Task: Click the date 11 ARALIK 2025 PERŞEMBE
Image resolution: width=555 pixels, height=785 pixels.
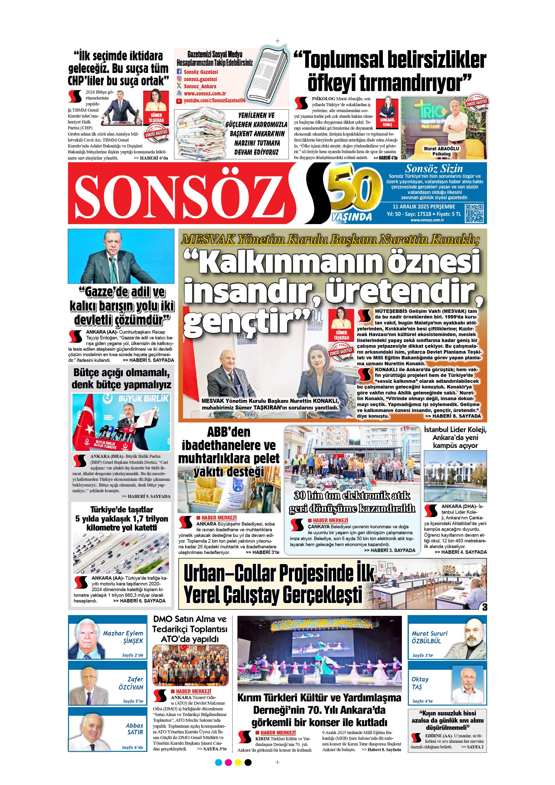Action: [x=424, y=207]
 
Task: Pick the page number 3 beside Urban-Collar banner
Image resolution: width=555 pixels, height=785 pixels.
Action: [x=484, y=607]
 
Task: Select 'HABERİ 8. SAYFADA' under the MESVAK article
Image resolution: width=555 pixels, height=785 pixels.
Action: [x=453, y=416]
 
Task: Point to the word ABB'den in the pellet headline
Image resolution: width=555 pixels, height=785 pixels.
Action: [x=229, y=432]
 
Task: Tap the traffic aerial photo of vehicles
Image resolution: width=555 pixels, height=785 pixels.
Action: [x=121, y=554]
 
